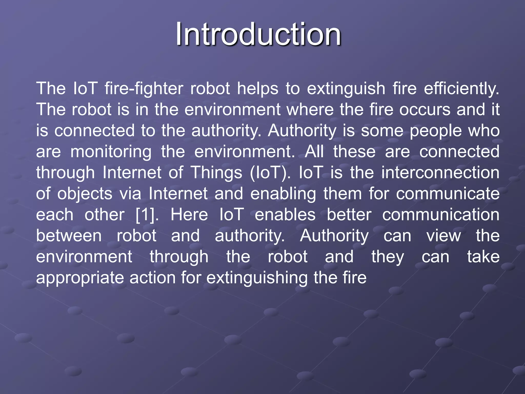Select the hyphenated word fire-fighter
point(144,89)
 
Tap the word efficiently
point(461,89)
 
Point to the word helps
point(257,89)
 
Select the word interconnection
point(440,172)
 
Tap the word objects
point(85,194)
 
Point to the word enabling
point(283,194)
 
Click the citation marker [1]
point(147,215)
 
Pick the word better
point(349,215)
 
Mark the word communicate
point(448,194)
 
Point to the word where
point(310,110)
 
